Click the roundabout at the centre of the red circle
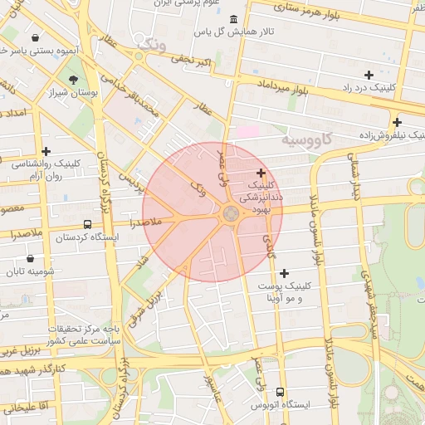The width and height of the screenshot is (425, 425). point(231,214)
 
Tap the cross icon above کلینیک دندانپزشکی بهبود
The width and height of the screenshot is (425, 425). point(261,173)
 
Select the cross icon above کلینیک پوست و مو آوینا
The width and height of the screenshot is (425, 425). point(285,273)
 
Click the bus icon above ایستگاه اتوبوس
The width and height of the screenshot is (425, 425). point(280,391)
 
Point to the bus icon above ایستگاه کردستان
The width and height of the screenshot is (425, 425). point(88,224)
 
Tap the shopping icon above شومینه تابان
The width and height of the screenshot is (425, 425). point(31,258)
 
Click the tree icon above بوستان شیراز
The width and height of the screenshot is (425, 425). point(76,81)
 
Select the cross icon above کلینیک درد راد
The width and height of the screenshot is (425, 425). point(369,75)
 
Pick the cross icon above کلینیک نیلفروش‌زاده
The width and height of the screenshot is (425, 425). point(398,122)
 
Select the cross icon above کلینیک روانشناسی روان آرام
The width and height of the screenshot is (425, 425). point(46,151)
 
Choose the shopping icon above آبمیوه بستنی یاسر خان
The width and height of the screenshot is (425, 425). point(35,37)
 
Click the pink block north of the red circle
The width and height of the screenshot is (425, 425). point(247,131)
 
